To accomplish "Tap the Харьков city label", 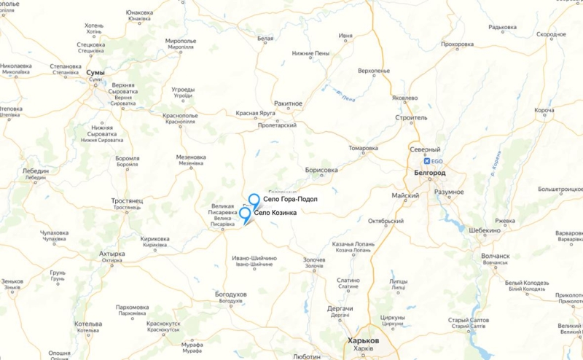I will coord(364,340).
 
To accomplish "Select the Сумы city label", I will coord(95,73).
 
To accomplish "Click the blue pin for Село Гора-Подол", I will coord(254,200).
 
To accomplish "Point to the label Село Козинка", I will coord(275,212).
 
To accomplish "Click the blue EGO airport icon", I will coord(428,161).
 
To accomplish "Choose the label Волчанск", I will coord(496,256).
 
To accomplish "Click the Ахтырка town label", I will coord(111,254).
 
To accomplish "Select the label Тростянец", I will coord(128,200).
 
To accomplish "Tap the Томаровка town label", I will coord(363,148).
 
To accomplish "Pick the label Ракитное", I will coord(288,103).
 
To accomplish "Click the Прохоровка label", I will coord(462,44).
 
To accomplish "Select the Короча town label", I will coord(544,111).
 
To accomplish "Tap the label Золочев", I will coord(314,259).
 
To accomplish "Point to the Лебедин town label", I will coord(35,171).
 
